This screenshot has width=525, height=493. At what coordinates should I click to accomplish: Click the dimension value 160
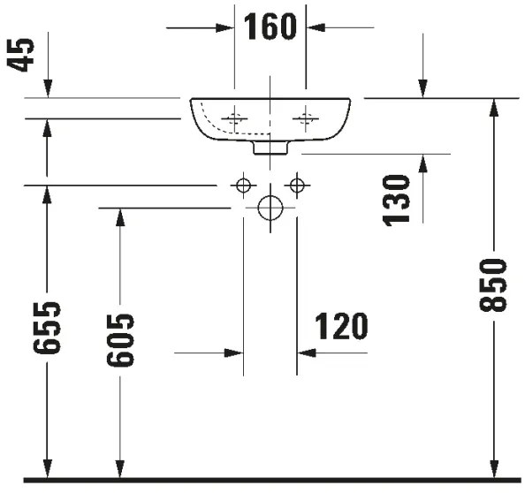[270, 27]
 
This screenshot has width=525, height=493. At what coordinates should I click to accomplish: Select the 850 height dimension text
[495, 284]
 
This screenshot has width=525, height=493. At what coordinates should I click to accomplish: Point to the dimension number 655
[49, 328]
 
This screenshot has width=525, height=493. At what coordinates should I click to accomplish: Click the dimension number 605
[121, 340]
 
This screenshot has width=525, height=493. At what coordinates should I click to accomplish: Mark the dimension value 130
[398, 200]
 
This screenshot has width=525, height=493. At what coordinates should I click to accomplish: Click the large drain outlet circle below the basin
[270, 209]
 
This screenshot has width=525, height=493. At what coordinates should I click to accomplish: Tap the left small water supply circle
[243, 185]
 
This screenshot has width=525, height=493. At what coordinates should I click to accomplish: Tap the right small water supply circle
[297, 185]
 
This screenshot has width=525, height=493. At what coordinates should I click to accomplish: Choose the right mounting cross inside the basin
[306, 118]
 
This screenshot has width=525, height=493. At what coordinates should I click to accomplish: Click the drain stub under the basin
[270, 148]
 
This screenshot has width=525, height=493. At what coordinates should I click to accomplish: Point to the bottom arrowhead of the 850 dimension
[495, 468]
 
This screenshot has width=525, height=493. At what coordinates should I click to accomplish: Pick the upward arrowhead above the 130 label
[423, 163]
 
